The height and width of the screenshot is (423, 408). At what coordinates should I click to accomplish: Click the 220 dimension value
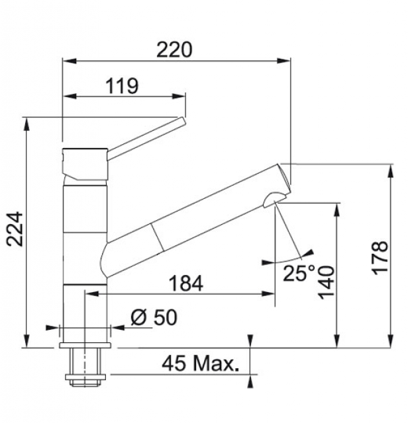click(x=174, y=50)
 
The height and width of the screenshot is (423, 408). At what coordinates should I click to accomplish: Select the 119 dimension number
click(x=122, y=86)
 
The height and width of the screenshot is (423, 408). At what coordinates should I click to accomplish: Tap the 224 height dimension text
click(x=15, y=229)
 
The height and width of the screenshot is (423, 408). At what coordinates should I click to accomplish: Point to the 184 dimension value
click(x=185, y=284)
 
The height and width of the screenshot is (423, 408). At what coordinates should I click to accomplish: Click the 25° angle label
click(x=299, y=273)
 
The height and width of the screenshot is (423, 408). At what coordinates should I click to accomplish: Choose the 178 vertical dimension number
click(x=380, y=258)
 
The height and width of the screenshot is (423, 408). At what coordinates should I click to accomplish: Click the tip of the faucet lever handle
click(x=182, y=120)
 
